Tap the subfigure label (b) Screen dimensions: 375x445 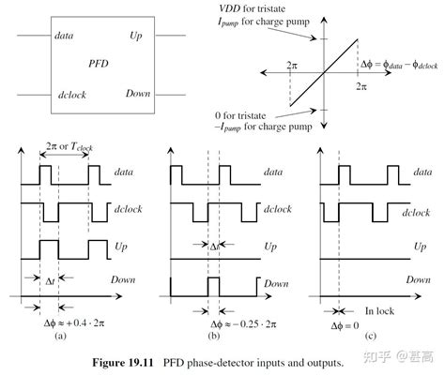pos(215,335)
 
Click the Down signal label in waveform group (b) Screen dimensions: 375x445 pos(275,283)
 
